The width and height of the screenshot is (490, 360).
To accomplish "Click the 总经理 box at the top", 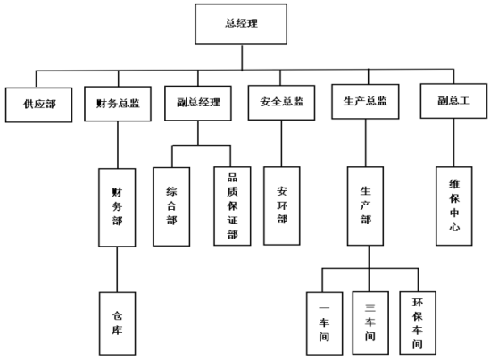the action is pyautogui.click(x=241, y=24).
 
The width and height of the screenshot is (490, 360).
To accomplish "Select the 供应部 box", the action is pyautogui.click(x=38, y=105).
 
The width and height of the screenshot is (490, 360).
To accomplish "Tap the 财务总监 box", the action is pyautogui.click(x=118, y=104).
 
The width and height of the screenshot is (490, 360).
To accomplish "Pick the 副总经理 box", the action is pyautogui.click(x=198, y=104).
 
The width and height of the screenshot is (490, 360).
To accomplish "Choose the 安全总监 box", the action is pyautogui.click(x=281, y=103).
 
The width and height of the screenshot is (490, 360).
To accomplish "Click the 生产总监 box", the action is pyautogui.click(x=365, y=102).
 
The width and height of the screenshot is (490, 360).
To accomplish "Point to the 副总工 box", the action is pyautogui.click(x=453, y=101).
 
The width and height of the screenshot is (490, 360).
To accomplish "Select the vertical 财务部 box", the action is pyautogui.click(x=117, y=207).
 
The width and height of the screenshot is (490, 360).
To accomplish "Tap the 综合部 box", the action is pyautogui.click(x=171, y=206).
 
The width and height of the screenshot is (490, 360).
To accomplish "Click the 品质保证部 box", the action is pyautogui.click(x=232, y=206).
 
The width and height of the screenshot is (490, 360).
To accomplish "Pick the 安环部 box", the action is pyautogui.click(x=282, y=205).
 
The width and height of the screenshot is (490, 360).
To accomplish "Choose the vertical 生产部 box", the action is pyautogui.click(x=366, y=206).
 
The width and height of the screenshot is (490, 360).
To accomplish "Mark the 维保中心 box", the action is pyautogui.click(x=454, y=206).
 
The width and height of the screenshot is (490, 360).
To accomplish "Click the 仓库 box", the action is pyautogui.click(x=118, y=323).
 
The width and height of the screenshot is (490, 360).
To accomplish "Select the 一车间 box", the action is pyautogui.click(x=325, y=323).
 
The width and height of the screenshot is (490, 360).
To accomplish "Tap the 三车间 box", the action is pyautogui.click(x=370, y=323).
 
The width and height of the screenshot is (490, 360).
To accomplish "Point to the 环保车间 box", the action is pyautogui.click(x=418, y=323).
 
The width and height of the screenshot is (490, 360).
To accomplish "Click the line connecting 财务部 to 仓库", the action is pyautogui.click(x=117, y=270).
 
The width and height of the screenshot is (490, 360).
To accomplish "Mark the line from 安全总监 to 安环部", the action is pyautogui.click(x=281, y=143).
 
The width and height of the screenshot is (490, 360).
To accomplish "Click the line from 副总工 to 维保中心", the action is pyautogui.click(x=453, y=143).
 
